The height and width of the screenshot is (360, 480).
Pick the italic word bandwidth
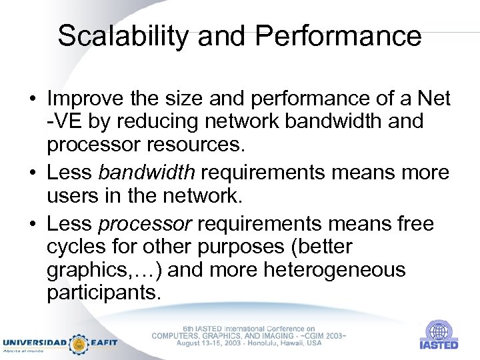pyautogui.click(x=147, y=173)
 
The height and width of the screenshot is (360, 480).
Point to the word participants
pyautogui.click(x=103, y=293)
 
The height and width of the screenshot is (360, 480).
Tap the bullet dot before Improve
pyautogui.click(x=31, y=100)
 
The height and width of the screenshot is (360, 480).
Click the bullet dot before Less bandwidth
pyautogui.click(x=31, y=173)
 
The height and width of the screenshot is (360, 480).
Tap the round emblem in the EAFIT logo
pyautogui.click(x=79, y=343)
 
